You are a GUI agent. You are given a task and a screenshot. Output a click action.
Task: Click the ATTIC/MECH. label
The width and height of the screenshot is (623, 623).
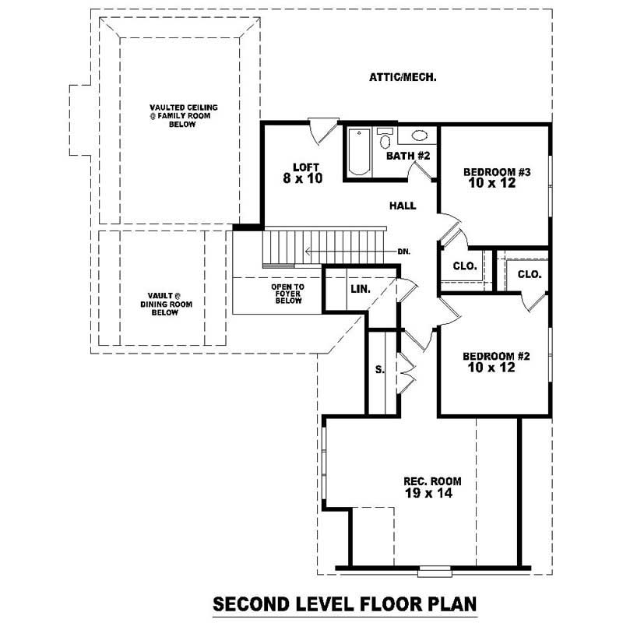(x=402, y=77)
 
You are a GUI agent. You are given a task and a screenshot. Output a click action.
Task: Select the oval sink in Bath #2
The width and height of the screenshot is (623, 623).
(x=418, y=134)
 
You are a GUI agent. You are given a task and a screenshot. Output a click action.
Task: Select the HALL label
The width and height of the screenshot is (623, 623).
(x=403, y=206)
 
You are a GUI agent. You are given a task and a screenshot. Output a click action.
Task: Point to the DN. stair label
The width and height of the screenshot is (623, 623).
(x=403, y=252)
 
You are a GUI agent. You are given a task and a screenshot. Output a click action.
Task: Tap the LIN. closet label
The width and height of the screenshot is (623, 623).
(x=360, y=289)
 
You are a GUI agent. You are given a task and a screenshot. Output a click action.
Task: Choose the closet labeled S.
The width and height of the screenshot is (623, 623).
(x=379, y=370)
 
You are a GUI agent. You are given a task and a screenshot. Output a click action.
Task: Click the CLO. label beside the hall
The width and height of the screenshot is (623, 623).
(x=465, y=266)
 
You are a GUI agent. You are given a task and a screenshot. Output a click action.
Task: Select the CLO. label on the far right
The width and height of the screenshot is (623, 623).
(x=529, y=274)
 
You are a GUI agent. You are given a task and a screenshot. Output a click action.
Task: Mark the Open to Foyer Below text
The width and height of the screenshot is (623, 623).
(x=287, y=294)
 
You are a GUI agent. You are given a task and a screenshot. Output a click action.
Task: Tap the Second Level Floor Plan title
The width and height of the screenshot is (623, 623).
(x=344, y=604)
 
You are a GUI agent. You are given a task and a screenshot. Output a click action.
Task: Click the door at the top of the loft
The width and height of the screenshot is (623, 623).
(x=322, y=129)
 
